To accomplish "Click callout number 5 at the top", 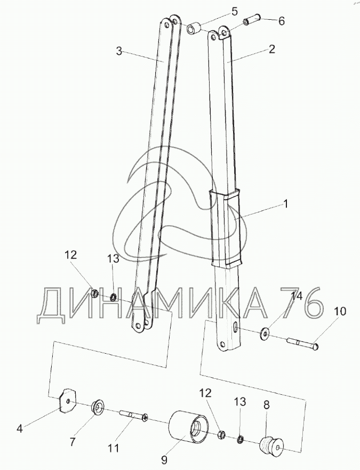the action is pyautogui.click(x=235, y=12).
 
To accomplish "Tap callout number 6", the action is pyautogui.click(x=281, y=21).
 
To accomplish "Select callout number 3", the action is pyautogui.click(x=119, y=51).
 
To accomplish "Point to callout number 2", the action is pyautogui.click(x=271, y=49).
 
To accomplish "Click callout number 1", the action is pyautogui.click(x=285, y=204).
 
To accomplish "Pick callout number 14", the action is pyautogui.click(x=298, y=296).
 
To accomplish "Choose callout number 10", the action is pyautogui.click(x=340, y=311).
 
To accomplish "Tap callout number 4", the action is pyautogui.click(x=20, y=429).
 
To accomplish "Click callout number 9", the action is pyautogui.click(x=165, y=459).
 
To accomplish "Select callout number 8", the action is pyautogui.click(x=267, y=405).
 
